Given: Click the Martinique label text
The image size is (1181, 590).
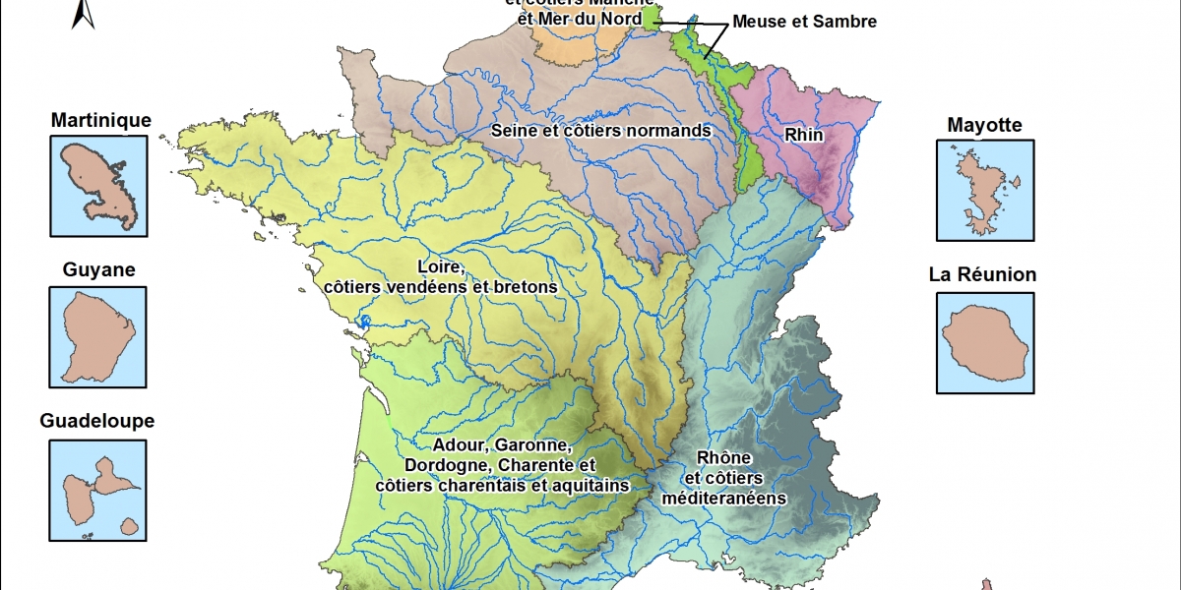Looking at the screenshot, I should click(101, 120).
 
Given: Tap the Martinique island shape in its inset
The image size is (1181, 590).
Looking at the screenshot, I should click(93, 182).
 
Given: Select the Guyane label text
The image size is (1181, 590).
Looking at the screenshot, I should click(98, 269).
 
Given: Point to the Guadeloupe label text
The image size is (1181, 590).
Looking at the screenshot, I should click(96, 421).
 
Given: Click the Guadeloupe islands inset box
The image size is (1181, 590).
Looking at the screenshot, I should click(98, 490).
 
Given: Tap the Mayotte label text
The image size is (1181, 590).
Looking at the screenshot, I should click(984, 125).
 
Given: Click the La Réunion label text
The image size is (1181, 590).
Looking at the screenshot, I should click(982, 274).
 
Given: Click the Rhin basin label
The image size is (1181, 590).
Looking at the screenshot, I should click(804, 133).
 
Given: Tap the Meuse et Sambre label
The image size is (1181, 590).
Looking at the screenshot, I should click(804, 22).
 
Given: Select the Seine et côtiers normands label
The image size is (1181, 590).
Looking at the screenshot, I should click(600, 130).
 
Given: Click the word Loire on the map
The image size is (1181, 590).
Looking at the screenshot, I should click(440, 266).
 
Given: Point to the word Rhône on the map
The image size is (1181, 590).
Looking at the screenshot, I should click(723, 458).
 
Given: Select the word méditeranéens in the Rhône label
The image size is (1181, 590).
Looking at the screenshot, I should click(723, 498).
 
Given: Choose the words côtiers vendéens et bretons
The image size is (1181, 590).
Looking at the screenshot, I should click(440, 286).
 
